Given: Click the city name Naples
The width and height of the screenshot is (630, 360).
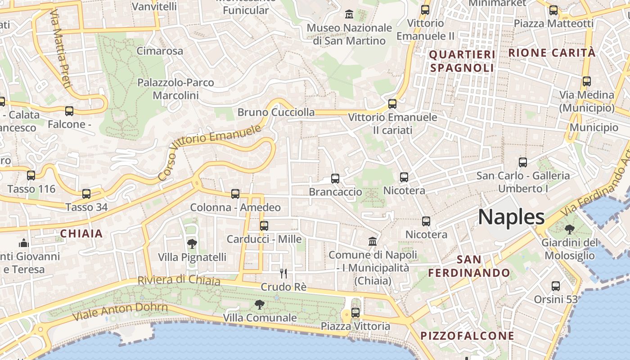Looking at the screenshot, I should [511, 217].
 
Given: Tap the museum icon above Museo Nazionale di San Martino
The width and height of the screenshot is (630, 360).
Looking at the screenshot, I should [349, 14].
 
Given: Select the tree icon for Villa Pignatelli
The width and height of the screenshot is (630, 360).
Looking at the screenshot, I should [192, 244].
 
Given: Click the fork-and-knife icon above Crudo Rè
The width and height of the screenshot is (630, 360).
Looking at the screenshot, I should [283, 273].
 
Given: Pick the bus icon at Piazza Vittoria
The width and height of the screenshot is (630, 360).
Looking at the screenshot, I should [355, 312].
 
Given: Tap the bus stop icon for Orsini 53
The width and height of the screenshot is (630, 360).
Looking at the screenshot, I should [556, 286].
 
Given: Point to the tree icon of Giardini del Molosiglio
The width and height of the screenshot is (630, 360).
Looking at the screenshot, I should [569, 229].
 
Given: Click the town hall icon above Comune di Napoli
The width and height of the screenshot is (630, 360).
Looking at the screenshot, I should [373, 242].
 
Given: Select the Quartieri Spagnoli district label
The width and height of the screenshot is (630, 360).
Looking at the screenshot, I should [462, 61].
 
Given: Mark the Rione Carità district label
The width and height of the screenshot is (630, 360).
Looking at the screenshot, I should [552, 53].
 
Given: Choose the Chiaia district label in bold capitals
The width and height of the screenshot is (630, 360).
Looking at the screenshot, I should [81, 234].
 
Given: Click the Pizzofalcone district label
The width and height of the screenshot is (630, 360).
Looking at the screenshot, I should [467, 336].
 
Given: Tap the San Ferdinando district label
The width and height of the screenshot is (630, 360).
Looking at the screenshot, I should [469, 266].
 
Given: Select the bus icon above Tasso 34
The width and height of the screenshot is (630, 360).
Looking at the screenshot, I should [86, 194].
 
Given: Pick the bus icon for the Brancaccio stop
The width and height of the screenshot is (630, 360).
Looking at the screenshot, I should [335, 179].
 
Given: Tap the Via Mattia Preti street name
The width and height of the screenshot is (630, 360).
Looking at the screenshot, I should [61, 49].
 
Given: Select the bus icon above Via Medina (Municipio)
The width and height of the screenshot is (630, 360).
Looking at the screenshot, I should [587, 81].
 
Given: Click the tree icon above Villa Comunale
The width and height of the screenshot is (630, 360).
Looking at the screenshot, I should [260, 305].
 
